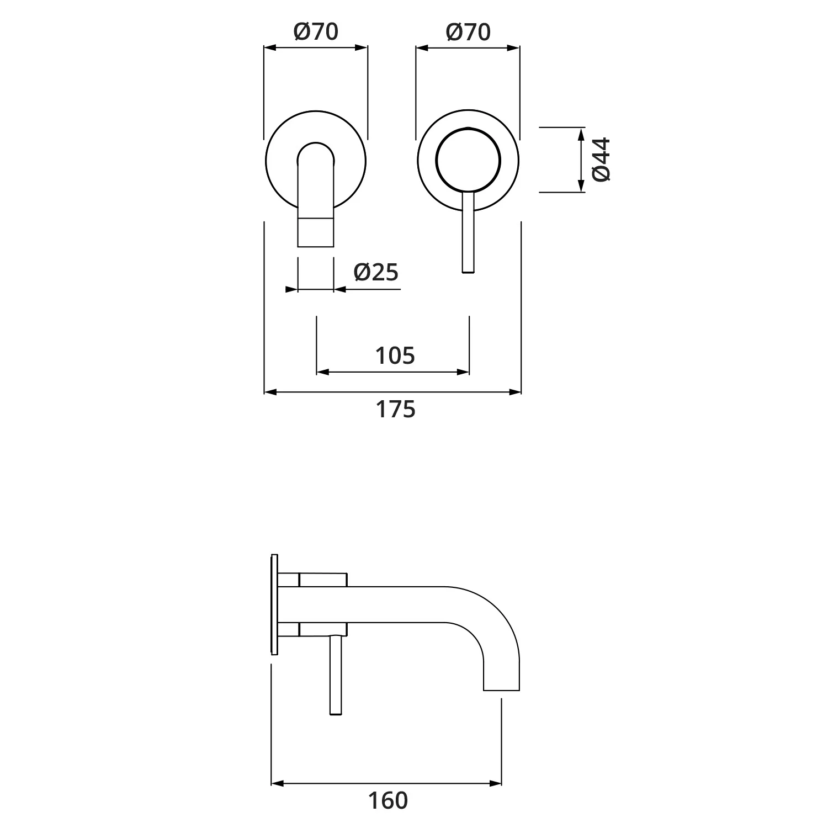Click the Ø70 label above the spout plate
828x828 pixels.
coord(316,32)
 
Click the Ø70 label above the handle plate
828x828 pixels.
coord(468,32)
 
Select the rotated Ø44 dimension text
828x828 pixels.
coord(601,160)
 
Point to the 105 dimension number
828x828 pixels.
coord(395,356)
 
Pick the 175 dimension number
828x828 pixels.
coord(395,410)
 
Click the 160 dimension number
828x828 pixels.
coord(388,800)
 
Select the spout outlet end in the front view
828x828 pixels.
coord(316,232)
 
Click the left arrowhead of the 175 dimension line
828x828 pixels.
coord(270,392)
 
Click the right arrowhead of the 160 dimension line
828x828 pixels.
coord(496,783)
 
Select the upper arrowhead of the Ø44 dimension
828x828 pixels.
coord(581,132)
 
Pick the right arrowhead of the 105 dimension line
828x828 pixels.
coord(464,372)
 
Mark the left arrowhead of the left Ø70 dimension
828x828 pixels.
coord(269,48)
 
